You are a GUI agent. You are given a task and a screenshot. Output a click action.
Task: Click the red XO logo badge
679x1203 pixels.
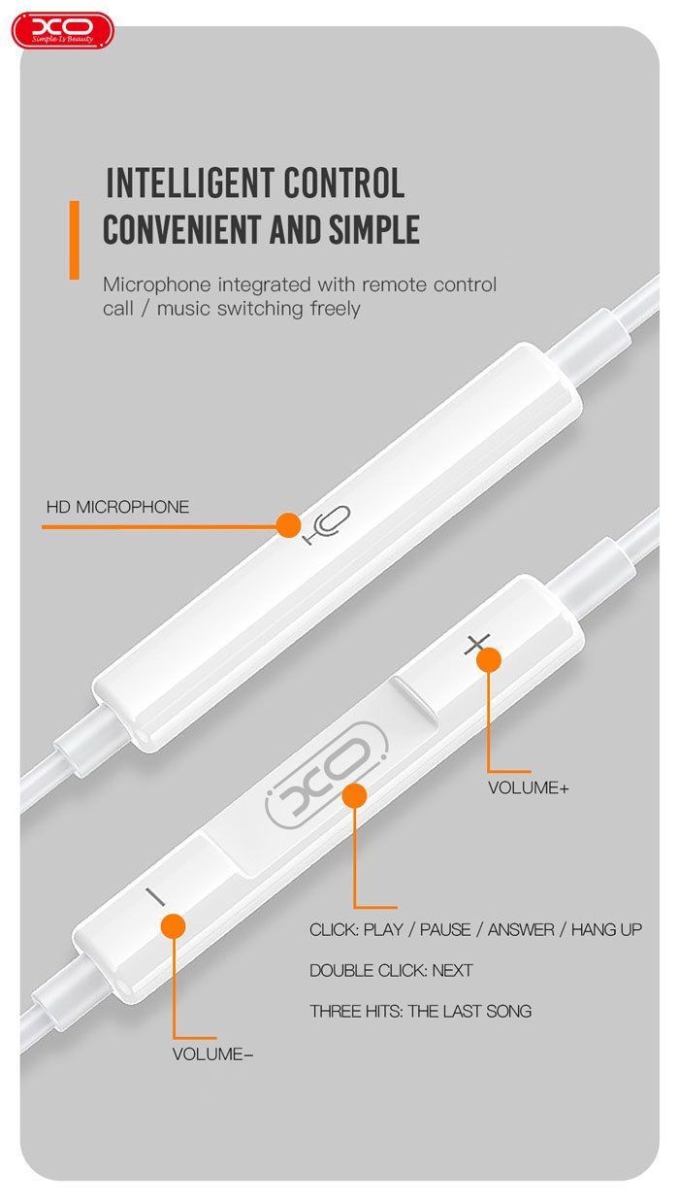pyautogui.click(x=63, y=31)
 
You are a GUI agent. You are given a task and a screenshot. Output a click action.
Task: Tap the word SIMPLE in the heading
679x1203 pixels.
pyautogui.click(x=373, y=229)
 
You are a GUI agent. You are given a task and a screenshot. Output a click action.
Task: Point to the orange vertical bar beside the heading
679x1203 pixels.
pyautogui.click(x=74, y=240)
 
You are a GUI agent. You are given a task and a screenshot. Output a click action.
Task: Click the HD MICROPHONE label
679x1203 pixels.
pyautogui.click(x=117, y=507)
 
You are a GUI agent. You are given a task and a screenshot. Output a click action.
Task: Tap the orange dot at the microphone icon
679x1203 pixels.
pyautogui.click(x=288, y=524)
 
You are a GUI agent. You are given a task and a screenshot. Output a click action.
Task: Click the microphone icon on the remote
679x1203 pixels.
pyautogui.click(x=327, y=524)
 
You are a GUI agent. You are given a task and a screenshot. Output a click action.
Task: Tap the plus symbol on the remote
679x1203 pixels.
pyautogui.click(x=476, y=644)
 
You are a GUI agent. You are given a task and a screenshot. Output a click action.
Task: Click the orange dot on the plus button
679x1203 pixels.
pyautogui.click(x=489, y=659)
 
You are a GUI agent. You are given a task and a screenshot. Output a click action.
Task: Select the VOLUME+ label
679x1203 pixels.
pyautogui.click(x=528, y=788)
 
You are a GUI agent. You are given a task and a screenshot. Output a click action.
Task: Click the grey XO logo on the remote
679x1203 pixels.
pyautogui.click(x=327, y=773)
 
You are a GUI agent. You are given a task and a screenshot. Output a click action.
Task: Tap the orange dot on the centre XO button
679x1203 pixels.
pyautogui.click(x=354, y=795)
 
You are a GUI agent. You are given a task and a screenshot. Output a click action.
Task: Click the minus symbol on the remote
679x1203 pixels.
pyautogui.click(x=155, y=897)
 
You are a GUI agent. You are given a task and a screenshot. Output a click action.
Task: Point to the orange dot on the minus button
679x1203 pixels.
pyautogui.click(x=174, y=926)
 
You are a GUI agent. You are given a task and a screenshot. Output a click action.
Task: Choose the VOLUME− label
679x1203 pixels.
pyautogui.click(x=212, y=1054)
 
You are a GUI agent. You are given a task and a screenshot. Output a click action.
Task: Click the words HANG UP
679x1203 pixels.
pyautogui.click(x=606, y=929)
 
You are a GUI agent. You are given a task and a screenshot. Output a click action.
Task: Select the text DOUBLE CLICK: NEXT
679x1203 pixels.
pyautogui.click(x=391, y=970)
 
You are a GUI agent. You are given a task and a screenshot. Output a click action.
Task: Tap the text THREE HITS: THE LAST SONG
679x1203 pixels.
pyautogui.click(x=420, y=1012)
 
